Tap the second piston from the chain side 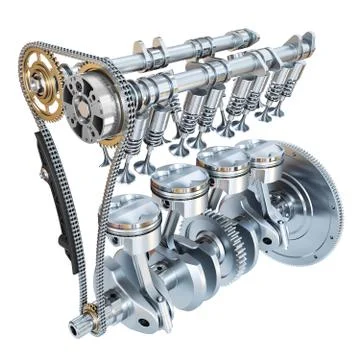(x=179, y=190)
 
